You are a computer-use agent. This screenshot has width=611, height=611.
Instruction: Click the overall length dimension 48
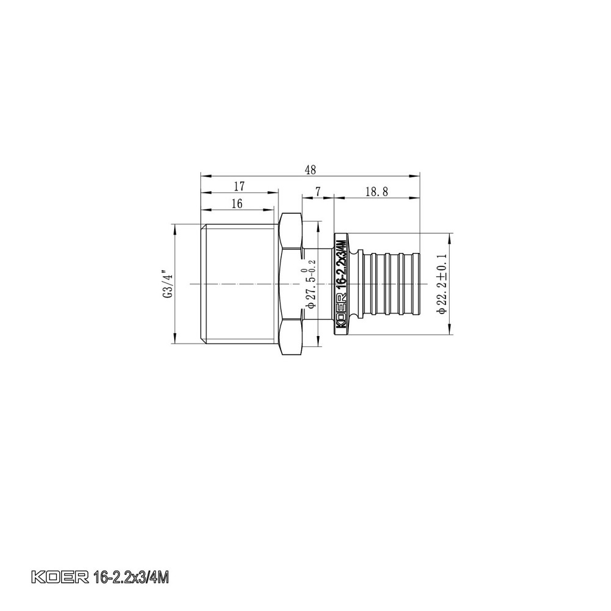(x=310, y=169)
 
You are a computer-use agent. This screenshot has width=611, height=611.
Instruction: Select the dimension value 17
(x=239, y=185)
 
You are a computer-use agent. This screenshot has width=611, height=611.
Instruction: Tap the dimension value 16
(x=237, y=203)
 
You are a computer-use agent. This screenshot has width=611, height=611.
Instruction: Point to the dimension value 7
(x=318, y=191)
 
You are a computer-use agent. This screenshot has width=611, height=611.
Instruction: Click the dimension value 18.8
(x=377, y=191)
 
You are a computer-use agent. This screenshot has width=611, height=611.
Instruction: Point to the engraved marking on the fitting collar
(x=342, y=284)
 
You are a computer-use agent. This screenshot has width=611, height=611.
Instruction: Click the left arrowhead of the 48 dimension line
(x=205, y=176)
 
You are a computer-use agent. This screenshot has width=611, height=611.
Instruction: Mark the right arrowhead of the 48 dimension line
(x=417, y=176)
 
